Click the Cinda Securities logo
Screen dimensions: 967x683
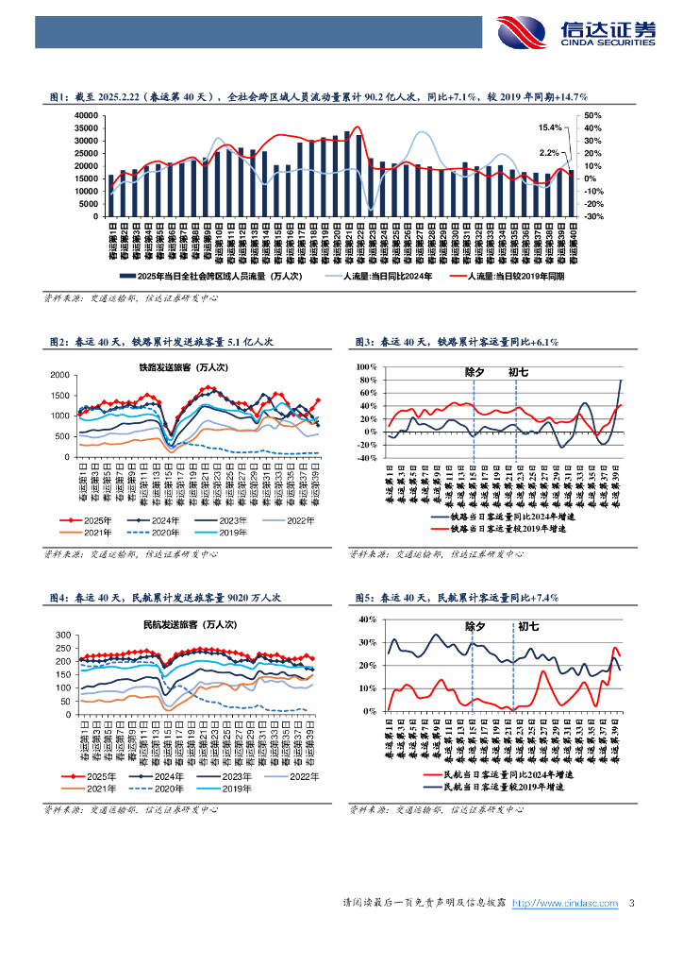point(575,34)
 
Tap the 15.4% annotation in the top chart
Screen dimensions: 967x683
point(550,127)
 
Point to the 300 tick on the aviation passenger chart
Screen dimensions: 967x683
point(61,634)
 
